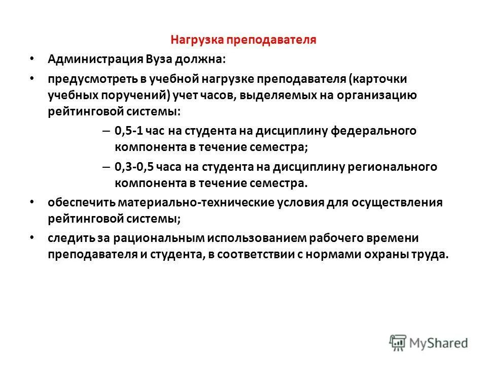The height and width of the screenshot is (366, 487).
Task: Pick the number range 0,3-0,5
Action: pyautogui.click(x=135, y=166)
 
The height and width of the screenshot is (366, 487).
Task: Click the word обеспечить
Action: pyautogui.click(x=81, y=203)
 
